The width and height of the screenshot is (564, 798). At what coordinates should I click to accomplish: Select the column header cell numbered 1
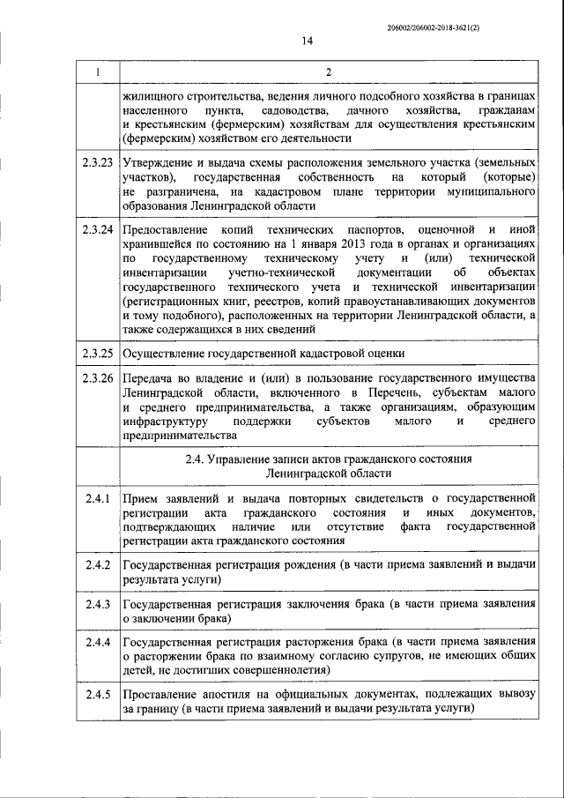(97, 71)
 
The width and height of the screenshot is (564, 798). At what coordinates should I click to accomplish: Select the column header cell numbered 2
(328, 71)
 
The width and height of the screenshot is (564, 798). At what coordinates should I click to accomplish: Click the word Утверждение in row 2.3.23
(161, 164)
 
